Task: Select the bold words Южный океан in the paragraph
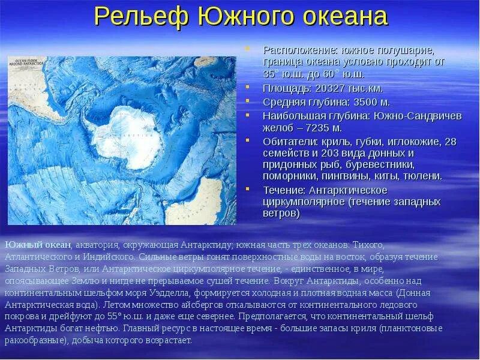click(x=38, y=245)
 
